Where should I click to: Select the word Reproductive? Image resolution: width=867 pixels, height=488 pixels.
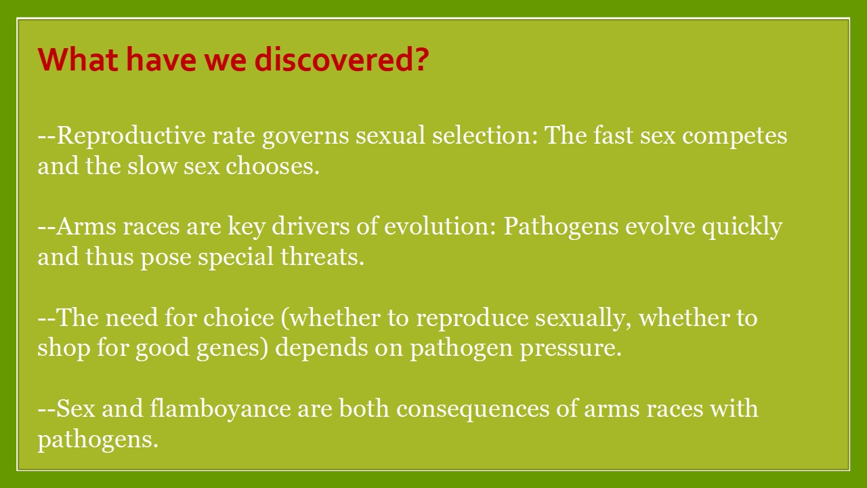point(131,136)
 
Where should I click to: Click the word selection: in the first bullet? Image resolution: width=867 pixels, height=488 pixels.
point(485,136)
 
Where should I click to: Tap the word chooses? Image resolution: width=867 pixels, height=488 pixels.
point(273,166)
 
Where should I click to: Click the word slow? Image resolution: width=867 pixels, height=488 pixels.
point(152,166)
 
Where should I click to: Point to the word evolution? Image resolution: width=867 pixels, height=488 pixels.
point(440,226)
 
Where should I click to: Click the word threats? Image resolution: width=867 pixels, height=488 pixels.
point(322,256)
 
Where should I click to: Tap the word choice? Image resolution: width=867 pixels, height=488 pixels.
point(239,317)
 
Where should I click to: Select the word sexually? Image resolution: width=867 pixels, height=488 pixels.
point(583,319)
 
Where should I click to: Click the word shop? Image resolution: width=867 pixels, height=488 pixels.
point(64,348)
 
